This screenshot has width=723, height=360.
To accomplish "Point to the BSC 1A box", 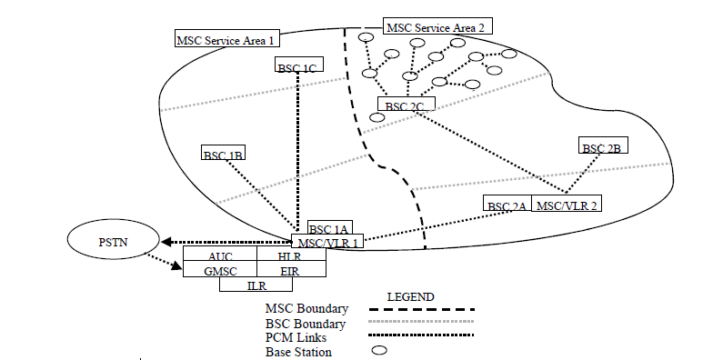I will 329,229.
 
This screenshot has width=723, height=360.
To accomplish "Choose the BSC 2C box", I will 405,106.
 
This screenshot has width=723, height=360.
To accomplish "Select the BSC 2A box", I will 507,205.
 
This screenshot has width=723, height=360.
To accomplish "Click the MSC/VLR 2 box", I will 565,205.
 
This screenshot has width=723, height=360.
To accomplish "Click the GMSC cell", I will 219,270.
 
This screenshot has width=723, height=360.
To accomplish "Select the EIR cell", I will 289,270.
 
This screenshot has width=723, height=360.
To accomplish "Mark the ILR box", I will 256,285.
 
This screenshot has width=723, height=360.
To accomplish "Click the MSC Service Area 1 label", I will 226,39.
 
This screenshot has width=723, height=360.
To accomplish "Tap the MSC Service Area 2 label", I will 437,27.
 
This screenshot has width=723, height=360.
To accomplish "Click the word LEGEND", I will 411,297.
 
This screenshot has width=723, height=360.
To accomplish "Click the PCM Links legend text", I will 296,337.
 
